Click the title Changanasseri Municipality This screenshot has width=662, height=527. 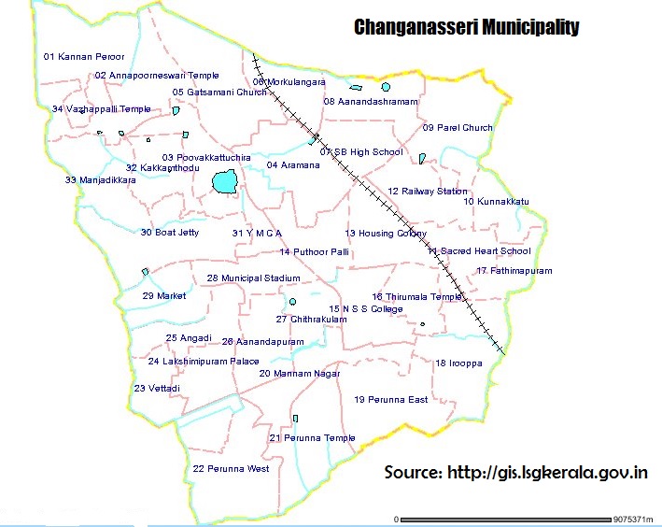click(x=466, y=27)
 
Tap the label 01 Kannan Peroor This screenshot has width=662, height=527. click(x=84, y=57)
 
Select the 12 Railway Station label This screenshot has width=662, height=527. click(x=428, y=192)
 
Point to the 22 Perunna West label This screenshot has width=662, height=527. click(x=231, y=468)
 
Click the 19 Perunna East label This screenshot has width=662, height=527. click(x=390, y=400)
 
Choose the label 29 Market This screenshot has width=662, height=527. click(x=164, y=296)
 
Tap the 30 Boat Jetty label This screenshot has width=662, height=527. click(x=170, y=233)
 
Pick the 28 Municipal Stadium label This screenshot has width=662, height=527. click(x=254, y=278)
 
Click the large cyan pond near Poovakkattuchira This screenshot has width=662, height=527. click(x=224, y=181)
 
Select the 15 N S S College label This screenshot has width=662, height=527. click(x=366, y=309)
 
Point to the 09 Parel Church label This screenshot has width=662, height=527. click(x=458, y=128)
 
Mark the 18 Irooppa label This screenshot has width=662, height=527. click(x=458, y=363)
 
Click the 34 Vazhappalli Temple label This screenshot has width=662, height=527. click(x=102, y=109)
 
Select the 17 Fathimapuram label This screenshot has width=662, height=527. click(x=514, y=271)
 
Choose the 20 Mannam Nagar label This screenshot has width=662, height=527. click(x=299, y=374)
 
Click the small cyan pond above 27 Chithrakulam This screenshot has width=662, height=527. click(x=292, y=302)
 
